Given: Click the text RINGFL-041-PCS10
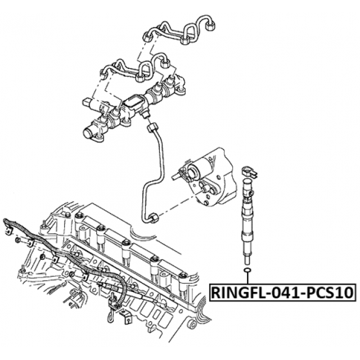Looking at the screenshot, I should (x=282, y=292).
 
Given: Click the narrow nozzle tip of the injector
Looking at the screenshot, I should (x=246, y=259).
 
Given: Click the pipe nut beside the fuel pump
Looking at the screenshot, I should (x=152, y=218).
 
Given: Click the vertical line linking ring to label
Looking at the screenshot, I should (x=246, y=281).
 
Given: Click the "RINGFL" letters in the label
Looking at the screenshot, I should (x=236, y=292).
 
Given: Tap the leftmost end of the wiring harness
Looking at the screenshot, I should (x=6, y=220).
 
